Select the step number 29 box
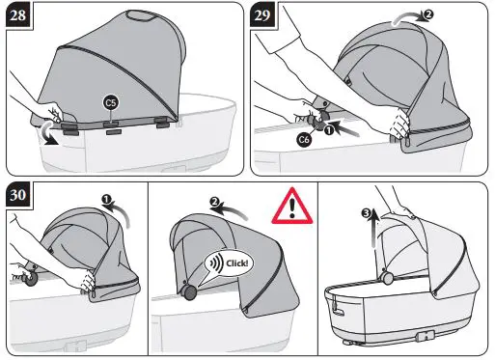click(263, 16)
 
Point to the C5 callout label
click(111, 101)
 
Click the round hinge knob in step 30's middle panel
click(188, 292)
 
